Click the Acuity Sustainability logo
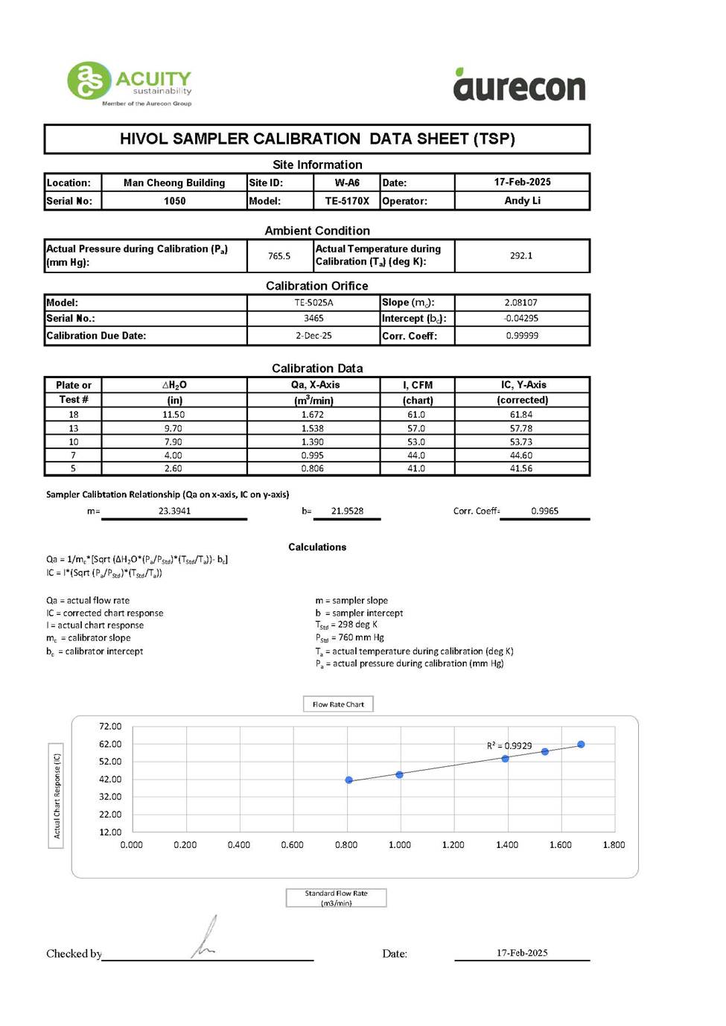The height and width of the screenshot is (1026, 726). point(130,83)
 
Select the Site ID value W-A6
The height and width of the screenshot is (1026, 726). point(347,182)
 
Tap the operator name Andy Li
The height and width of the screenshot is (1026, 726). point(522,200)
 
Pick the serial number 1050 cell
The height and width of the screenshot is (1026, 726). point(174,201)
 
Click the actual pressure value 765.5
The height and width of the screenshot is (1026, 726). point(279,256)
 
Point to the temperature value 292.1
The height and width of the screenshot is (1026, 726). point(521,255)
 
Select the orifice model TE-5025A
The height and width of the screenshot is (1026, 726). point(313,303)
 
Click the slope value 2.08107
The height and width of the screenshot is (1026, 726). point(520,303)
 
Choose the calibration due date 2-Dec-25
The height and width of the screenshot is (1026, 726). point(313,336)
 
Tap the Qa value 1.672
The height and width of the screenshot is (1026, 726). point(313,415)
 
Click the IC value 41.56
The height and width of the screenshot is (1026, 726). point(521,469)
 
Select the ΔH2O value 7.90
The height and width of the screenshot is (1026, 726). point(173,442)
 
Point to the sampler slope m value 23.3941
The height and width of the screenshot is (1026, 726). point(174,512)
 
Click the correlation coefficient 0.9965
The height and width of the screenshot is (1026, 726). point(544,512)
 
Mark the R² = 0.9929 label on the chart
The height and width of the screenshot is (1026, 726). point(509,745)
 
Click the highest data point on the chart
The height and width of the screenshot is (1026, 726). point(581,745)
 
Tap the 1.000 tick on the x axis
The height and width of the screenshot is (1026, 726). point(400,845)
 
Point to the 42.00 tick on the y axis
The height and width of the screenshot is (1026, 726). point(110,780)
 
